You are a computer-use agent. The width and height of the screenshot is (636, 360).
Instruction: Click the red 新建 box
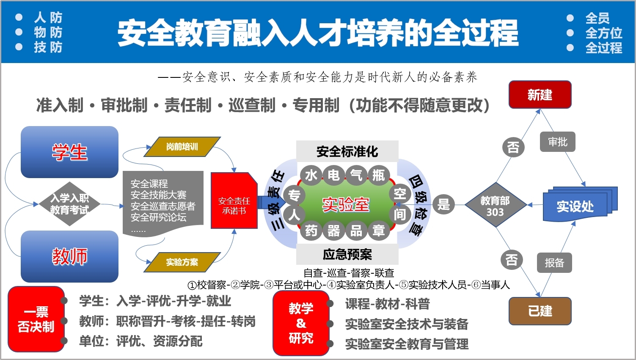pyautogui.click(x=540, y=95)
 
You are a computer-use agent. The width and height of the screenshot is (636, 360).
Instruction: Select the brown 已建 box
pyautogui.click(x=540, y=311)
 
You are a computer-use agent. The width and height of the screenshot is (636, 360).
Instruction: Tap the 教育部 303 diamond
pyautogui.click(x=495, y=206)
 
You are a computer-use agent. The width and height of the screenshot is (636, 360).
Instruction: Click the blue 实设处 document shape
pyautogui.click(x=575, y=206)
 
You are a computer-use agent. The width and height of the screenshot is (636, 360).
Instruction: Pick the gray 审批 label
pyautogui.click(x=558, y=142)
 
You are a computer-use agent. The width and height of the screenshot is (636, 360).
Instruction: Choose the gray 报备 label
pyautogui.click(x=554, y=263)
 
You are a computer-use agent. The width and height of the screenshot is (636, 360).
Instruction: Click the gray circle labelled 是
pyautogui.click(x=443, y=205)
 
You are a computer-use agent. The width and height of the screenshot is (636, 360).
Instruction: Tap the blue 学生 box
pyautogui.click(x=69, y=152)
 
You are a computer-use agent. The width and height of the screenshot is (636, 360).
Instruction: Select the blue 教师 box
pyautogui.click(x=69, y=256)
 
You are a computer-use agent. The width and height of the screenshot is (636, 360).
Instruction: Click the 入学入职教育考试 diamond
pyautogui.click(x=69, y=204)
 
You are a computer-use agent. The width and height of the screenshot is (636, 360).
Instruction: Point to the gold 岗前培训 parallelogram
pyautogui.click(x=182, y=147)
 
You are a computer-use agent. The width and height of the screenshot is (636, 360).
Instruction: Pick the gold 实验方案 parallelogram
pyautogui.click(x=182, y=262)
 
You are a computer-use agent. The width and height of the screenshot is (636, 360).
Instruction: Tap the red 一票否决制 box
pyautogui.click(x=36, y=319)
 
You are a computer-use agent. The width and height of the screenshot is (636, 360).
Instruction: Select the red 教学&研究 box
pyautogui.click(x=301, y=323)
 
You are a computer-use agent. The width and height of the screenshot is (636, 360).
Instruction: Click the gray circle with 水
pyautogui.click(x=311, y=175)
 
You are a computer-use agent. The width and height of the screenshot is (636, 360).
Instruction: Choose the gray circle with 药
pyautogui.click(x=311, y=231)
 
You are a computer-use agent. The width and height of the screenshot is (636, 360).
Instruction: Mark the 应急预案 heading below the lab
pyautogui.click(x=347, y=254)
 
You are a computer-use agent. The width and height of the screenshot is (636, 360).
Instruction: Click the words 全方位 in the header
pyautogui.click(x=603, y=33)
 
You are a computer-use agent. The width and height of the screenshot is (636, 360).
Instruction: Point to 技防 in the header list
pyautogui.click(x=48, y=47)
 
